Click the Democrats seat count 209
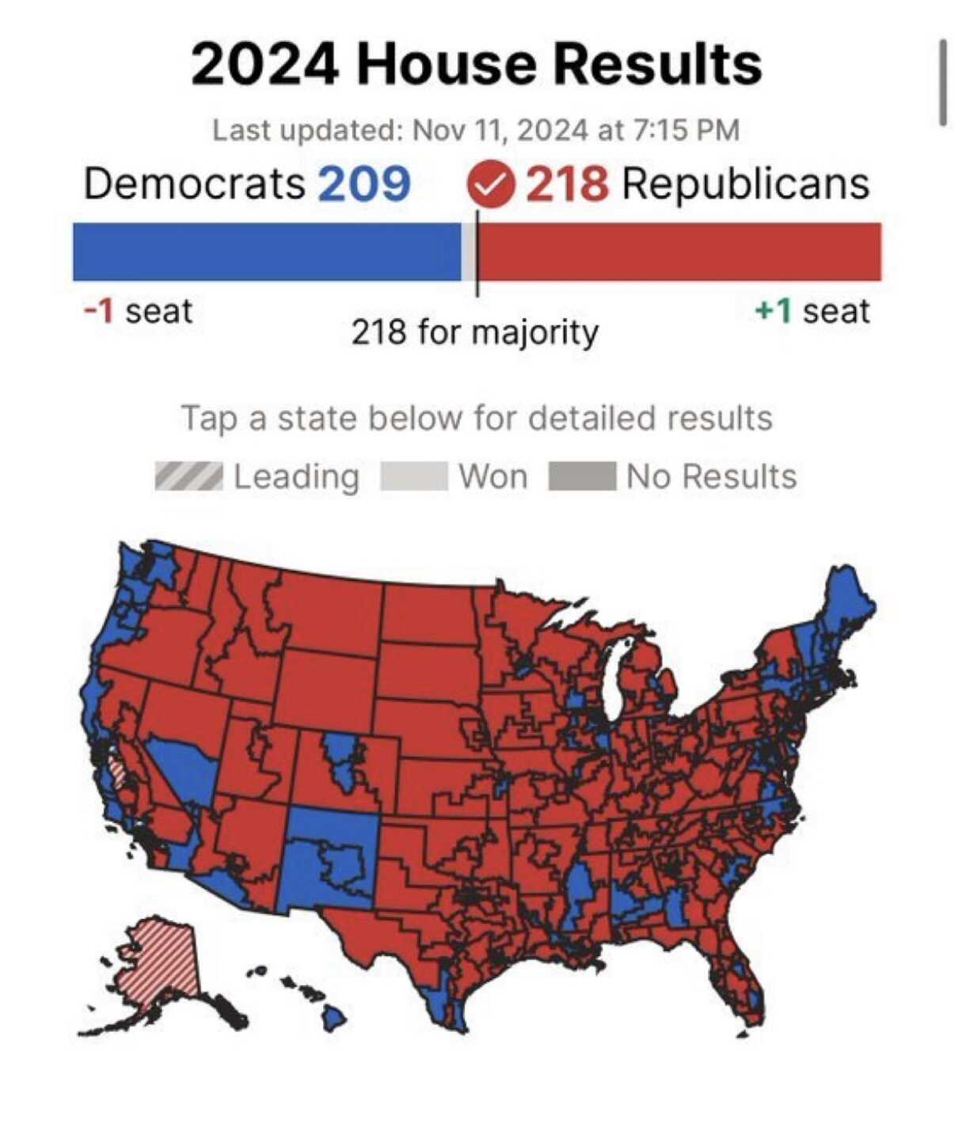click(364, 184)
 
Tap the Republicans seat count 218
click(568, 184)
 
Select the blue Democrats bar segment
click(266, 252)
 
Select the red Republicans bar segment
click(679, 252)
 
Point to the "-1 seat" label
click(138, 311)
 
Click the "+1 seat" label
click(812, 311)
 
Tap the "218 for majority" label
click(474, 332)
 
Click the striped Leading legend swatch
click(188, 476)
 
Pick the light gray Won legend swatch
click(413, 476)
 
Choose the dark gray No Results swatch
click(582, 476)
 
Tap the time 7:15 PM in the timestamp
click(687, 130)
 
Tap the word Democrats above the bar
click(194, 184)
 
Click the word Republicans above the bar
click(745, 184)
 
